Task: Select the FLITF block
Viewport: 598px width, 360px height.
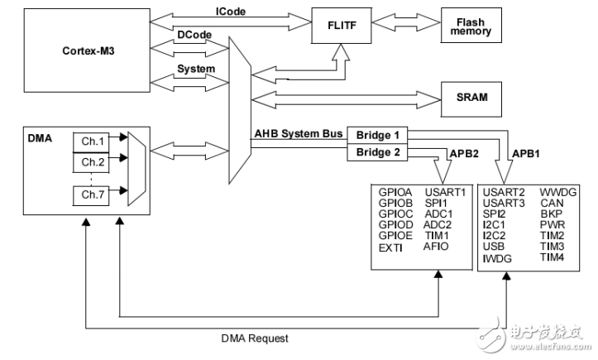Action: [x=339, y=26]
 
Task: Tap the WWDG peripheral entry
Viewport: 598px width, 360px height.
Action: [x=557, y=193]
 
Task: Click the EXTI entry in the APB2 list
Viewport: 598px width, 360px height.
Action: [x=390, y=247]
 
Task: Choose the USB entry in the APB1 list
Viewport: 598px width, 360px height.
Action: [x=494, y=247]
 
